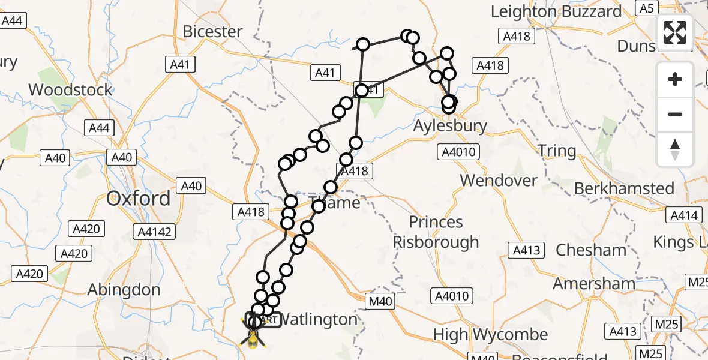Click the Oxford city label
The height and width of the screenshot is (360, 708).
(x=138, y=199)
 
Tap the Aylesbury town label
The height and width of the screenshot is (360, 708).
(x=450, y=127)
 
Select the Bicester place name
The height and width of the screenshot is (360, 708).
(x=212, y=31)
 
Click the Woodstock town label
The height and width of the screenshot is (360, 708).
(x=70, y=90)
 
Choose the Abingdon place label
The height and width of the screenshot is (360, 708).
(x=124, y=290)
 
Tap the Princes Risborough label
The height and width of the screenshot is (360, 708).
(x=436, y=232)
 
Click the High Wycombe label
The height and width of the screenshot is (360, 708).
(x=490, y=335)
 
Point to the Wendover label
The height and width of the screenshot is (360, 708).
(x=499, y=180)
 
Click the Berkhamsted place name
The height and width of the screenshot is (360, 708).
(x=624, y=188)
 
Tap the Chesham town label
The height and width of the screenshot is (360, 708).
(x=590, y=250)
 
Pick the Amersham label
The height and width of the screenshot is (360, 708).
(x=593, y=283)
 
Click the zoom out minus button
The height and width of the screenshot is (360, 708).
(x=675, y=114)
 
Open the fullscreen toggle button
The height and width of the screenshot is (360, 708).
(x=675, y=32)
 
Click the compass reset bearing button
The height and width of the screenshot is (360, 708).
(x=675, y=149)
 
